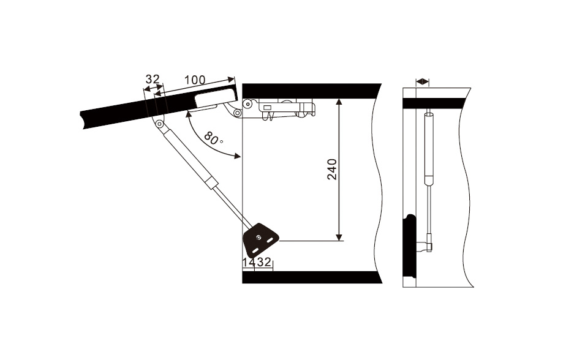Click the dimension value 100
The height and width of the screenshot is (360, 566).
tap(195, 80)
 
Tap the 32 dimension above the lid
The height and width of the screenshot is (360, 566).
tap(153, 79)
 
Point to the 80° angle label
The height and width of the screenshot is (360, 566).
tap(213, 138)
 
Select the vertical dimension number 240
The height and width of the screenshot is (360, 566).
tap(332, 169)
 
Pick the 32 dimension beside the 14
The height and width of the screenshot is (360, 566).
tap(264, 262)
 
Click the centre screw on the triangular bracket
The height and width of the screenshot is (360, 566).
tap(258, 237)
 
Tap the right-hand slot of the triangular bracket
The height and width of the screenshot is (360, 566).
tap(270, 239)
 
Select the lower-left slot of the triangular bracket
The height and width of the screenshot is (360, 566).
tap(254, 250)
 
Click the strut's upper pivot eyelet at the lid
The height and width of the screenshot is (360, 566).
tap(159, 124)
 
